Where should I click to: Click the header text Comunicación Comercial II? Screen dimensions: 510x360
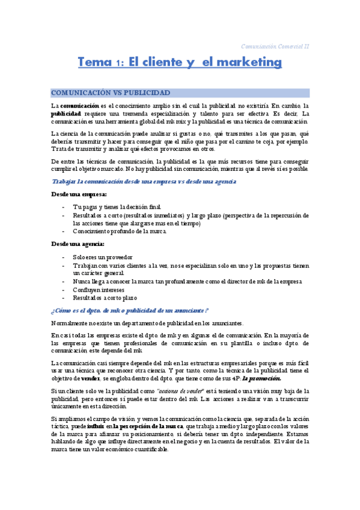(x=275, y=46)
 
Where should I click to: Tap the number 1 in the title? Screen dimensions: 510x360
(x=120, y=63)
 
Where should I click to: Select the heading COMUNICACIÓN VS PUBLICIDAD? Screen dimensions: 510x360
(x=111, y=93)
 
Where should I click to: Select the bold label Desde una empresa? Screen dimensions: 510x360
(x=79, y=194)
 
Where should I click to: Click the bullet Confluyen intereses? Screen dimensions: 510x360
(x=99, y=289)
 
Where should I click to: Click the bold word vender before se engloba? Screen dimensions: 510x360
(x=90, y=379)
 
